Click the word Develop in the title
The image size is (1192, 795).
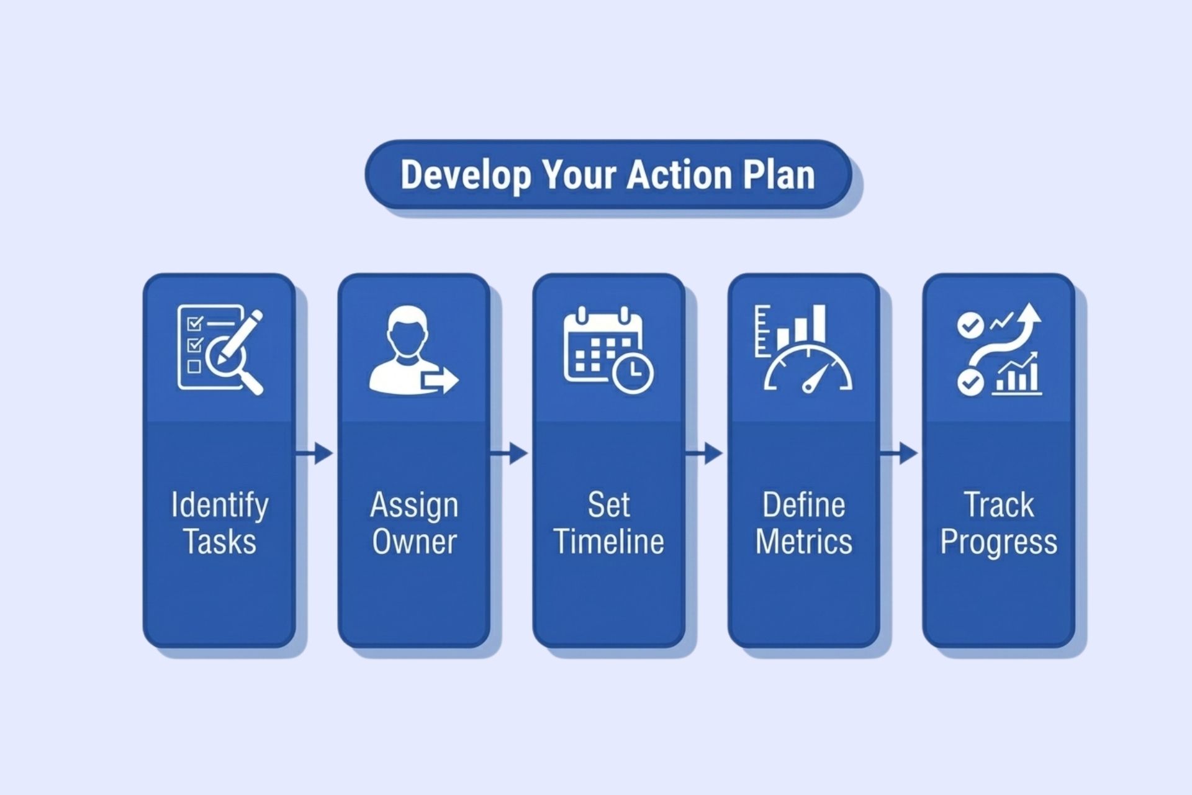point(465,175)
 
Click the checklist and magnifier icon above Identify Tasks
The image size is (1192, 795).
point(220,348)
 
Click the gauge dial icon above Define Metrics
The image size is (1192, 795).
point(808,370)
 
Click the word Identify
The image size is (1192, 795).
point(220,506)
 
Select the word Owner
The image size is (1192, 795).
point(414,542)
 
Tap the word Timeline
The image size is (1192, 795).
point(609,542)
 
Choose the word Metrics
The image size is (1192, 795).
point(804,542)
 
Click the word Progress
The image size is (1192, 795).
point(998,542)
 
